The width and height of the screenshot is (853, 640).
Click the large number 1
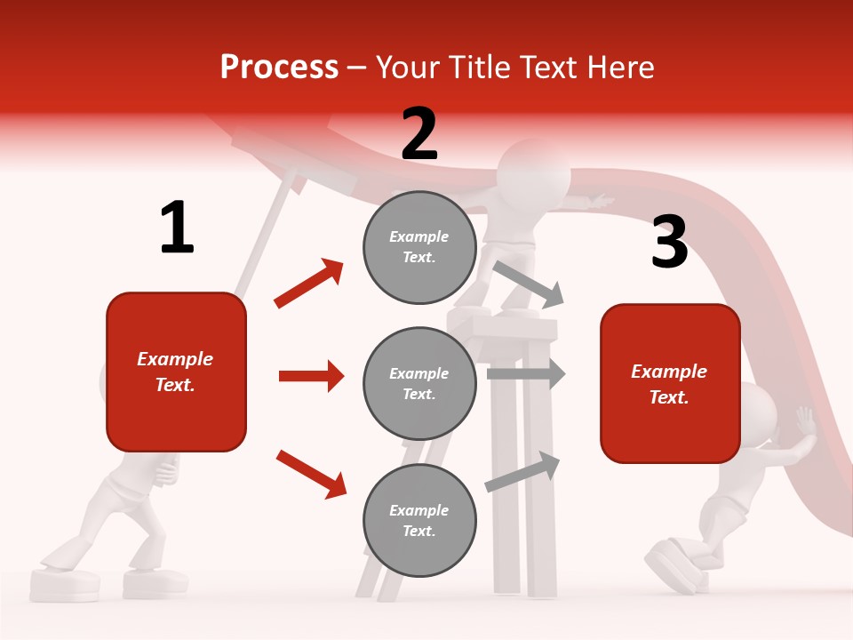pyautogui.click(x=177, y=228)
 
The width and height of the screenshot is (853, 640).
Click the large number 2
pyautogui.click(x=419, y=134)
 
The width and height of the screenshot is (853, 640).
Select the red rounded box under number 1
pyautogui.click(x=176, y=372)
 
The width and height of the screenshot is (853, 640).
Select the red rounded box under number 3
pyautogui.click(x=670, y=383)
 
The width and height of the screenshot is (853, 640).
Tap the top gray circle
pyautogui.click(x=419, y=246)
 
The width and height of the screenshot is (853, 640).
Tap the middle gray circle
pyautogui.click(x=419, y=383)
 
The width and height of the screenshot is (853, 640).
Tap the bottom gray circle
pyautogui.click(x=419, y=520)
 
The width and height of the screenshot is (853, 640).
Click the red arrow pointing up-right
pyautogui.click(x=309, y=283)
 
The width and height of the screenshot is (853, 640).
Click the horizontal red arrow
pyautogui.click(x=311, y=376)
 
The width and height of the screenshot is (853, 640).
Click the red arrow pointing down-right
pyautogui.click(x=311, y=473)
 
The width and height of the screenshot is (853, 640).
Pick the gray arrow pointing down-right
pyautogui.click(x=529, y=284)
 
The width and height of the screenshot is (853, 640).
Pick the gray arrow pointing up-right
pyautogui.click(x=523, y=471)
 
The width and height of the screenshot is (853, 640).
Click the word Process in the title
pyautogui.click(x=279, y=67)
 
